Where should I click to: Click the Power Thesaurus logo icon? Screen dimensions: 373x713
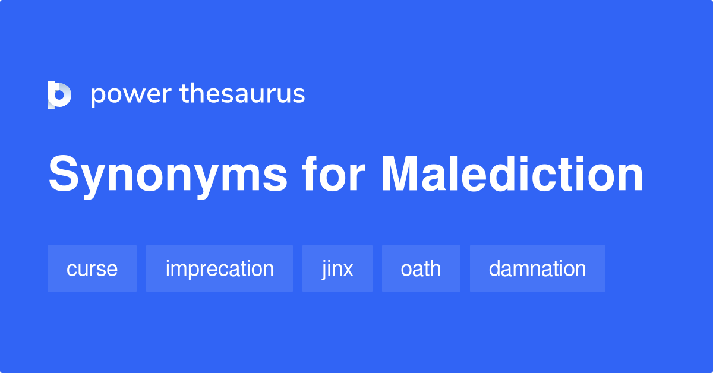[x=59, y=95]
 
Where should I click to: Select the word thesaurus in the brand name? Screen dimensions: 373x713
[x=242, y=94]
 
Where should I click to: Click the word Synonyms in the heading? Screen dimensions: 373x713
[x=168, y=175]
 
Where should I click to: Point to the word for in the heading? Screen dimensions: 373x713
[x=335, y=174]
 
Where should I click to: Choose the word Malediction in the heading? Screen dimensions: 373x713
[x=512, y=174]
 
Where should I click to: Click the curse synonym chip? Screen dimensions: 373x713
[x=92, y=268]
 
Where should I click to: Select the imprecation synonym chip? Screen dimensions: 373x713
[x=219, y=268]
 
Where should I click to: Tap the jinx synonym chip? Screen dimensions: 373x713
[x=337, y=268]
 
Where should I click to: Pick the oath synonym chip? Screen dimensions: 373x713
[x=421, y=268]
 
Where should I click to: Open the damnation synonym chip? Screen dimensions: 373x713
[x=537, y=268]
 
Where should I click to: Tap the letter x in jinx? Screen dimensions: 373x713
[x=348, y=270]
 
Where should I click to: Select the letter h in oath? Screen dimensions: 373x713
[x=436, y=268]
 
